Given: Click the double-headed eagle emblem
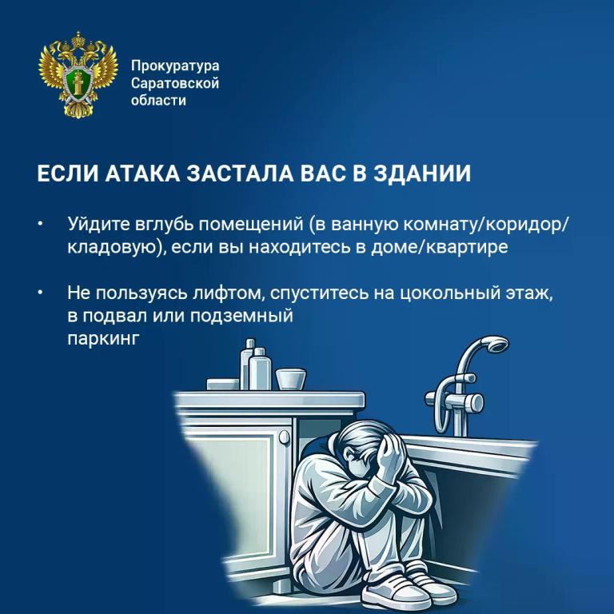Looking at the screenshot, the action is click(78, 74).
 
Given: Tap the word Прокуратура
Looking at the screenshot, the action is click(175, 66).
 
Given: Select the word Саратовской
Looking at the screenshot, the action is click(175, 83).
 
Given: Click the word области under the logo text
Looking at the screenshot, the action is click(158, 100).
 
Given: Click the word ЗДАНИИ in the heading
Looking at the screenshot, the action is click(422, 173).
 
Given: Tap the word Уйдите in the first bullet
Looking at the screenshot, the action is click(98, 225).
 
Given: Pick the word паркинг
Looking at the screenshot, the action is click(103, 339).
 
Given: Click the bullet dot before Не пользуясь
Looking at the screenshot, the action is click(40, 293).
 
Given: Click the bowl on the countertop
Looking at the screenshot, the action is click(290, 379).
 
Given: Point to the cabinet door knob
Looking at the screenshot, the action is click(285, 437).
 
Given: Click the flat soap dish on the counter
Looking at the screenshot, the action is click(223, 384).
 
